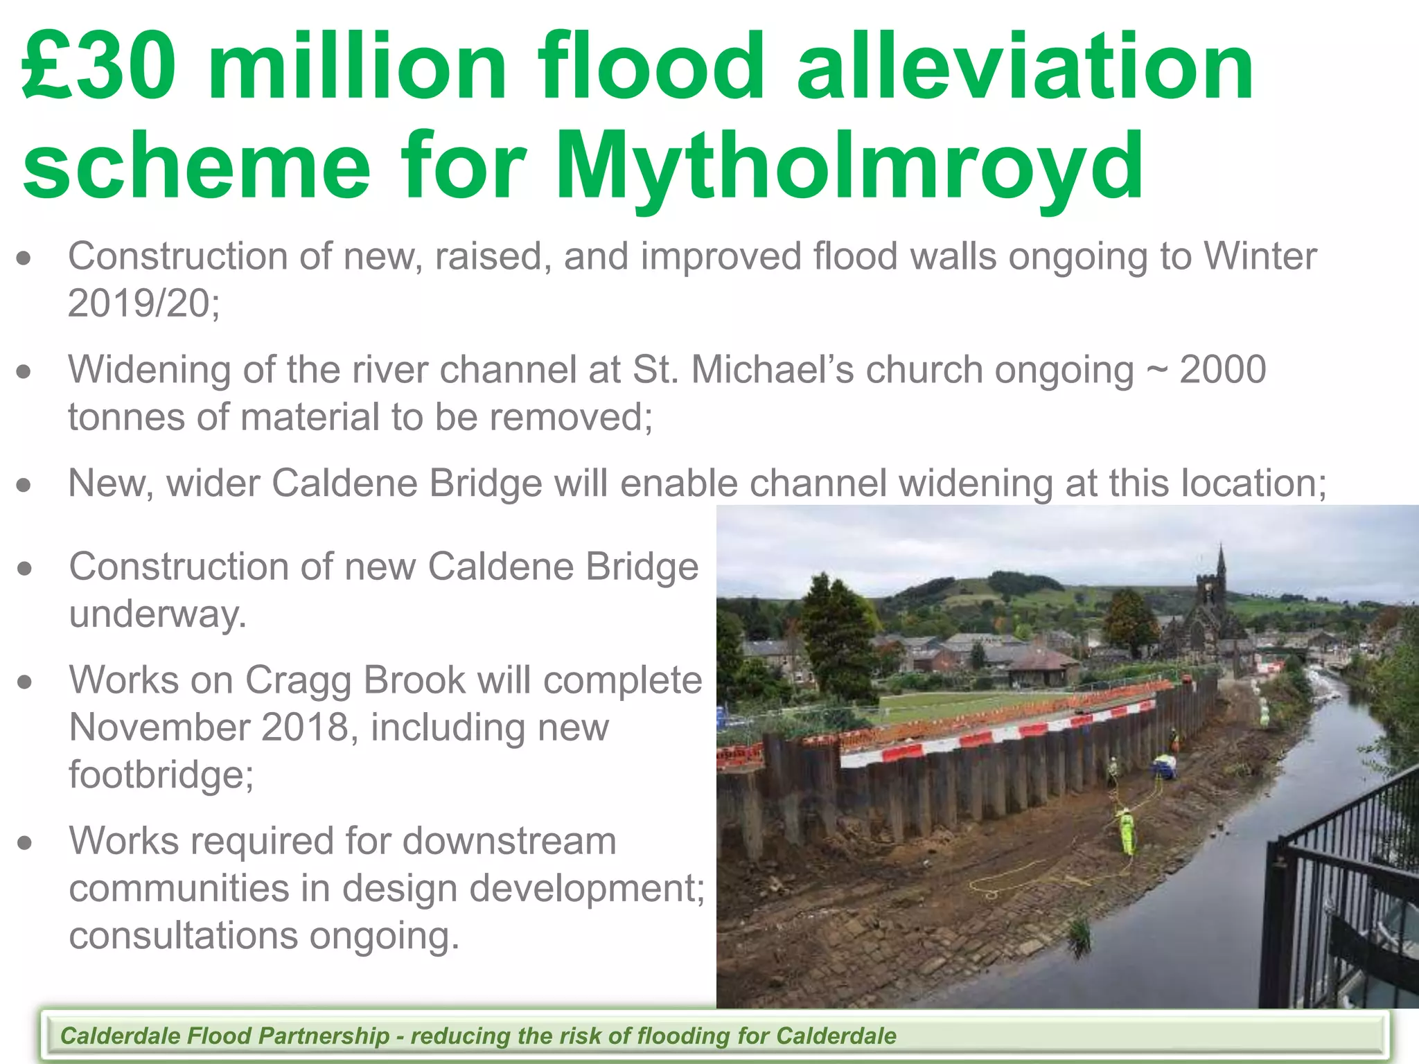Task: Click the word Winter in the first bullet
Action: pyautogui.click(x=1260, y=256)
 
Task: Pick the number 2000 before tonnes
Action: pyautogui.click(x=1223, y=369)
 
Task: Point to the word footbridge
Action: pyautogui.click(x=161, y=774)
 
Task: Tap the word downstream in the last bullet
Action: pyautogui.click(x=509, y=841)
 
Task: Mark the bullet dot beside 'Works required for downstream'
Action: pyautogui.click(x=25, y=843)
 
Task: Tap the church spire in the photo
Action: pyautogui.click(x=1221, y=565)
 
